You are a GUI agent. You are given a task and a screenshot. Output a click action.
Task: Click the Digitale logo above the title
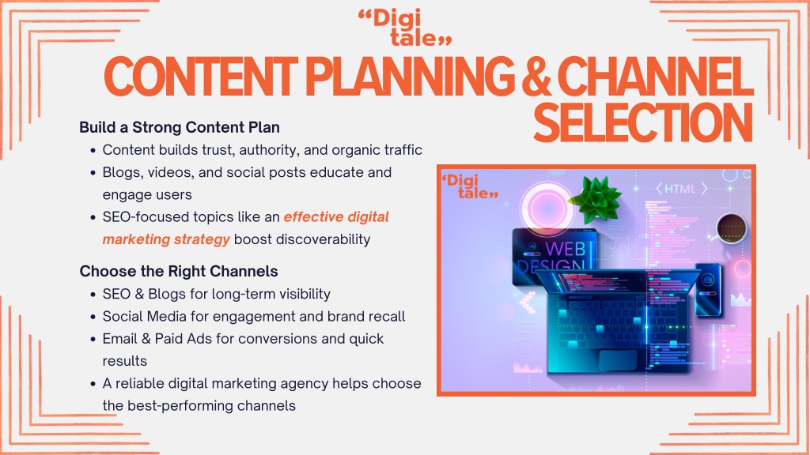(x=405, y=28)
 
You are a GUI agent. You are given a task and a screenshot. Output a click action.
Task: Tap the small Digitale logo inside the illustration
(x=470, y=186)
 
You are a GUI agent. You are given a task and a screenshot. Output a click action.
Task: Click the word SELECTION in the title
(x=642, y=122)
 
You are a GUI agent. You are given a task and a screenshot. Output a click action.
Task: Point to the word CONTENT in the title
(x=200, y=77)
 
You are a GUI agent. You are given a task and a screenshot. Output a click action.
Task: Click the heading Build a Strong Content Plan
(x=180, y=127)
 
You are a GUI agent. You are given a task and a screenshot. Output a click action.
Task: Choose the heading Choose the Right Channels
(x=179, y=272)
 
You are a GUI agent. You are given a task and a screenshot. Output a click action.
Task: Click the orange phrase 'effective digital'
(x=336, y=216)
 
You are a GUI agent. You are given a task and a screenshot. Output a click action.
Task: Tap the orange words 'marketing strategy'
(x=166, y=239)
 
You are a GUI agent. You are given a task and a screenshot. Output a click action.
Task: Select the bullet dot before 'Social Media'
(x=93, y=317)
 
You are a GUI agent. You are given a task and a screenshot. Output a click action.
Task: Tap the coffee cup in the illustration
(x=730, y=227)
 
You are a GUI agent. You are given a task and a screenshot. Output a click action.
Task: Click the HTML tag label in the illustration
(x=681, y=189)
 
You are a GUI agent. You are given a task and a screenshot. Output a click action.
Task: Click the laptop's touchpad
(x=617, y=359)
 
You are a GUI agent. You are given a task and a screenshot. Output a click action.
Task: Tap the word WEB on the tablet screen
(x=565, y=249)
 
